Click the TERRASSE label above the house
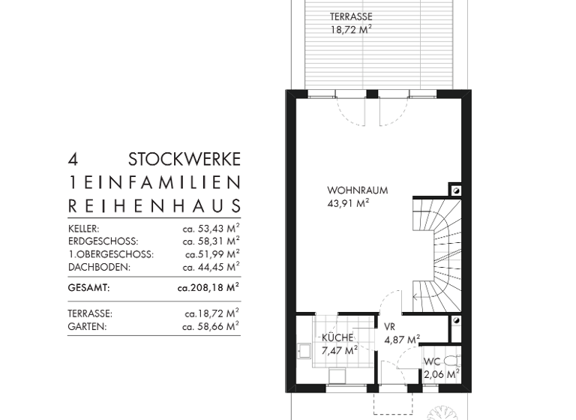pos(351,16)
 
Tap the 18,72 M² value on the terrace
pos(351,30)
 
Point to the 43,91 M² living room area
pos(349,202)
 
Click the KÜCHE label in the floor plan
pos(337,337)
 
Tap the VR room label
pos(389,328)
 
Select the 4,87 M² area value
pos(402,340)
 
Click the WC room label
pos(432,361)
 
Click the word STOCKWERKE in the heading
pos(184,160)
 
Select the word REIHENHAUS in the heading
pos(154,205)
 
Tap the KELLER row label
pos(83,228)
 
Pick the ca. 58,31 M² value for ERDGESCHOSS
pos(211,241)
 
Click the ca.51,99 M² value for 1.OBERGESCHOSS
pos(212,254)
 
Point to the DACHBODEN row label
pos(99,267)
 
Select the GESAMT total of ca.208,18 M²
pos(208,287)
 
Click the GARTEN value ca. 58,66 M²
pos(211,326)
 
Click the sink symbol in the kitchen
pos(304,349)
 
